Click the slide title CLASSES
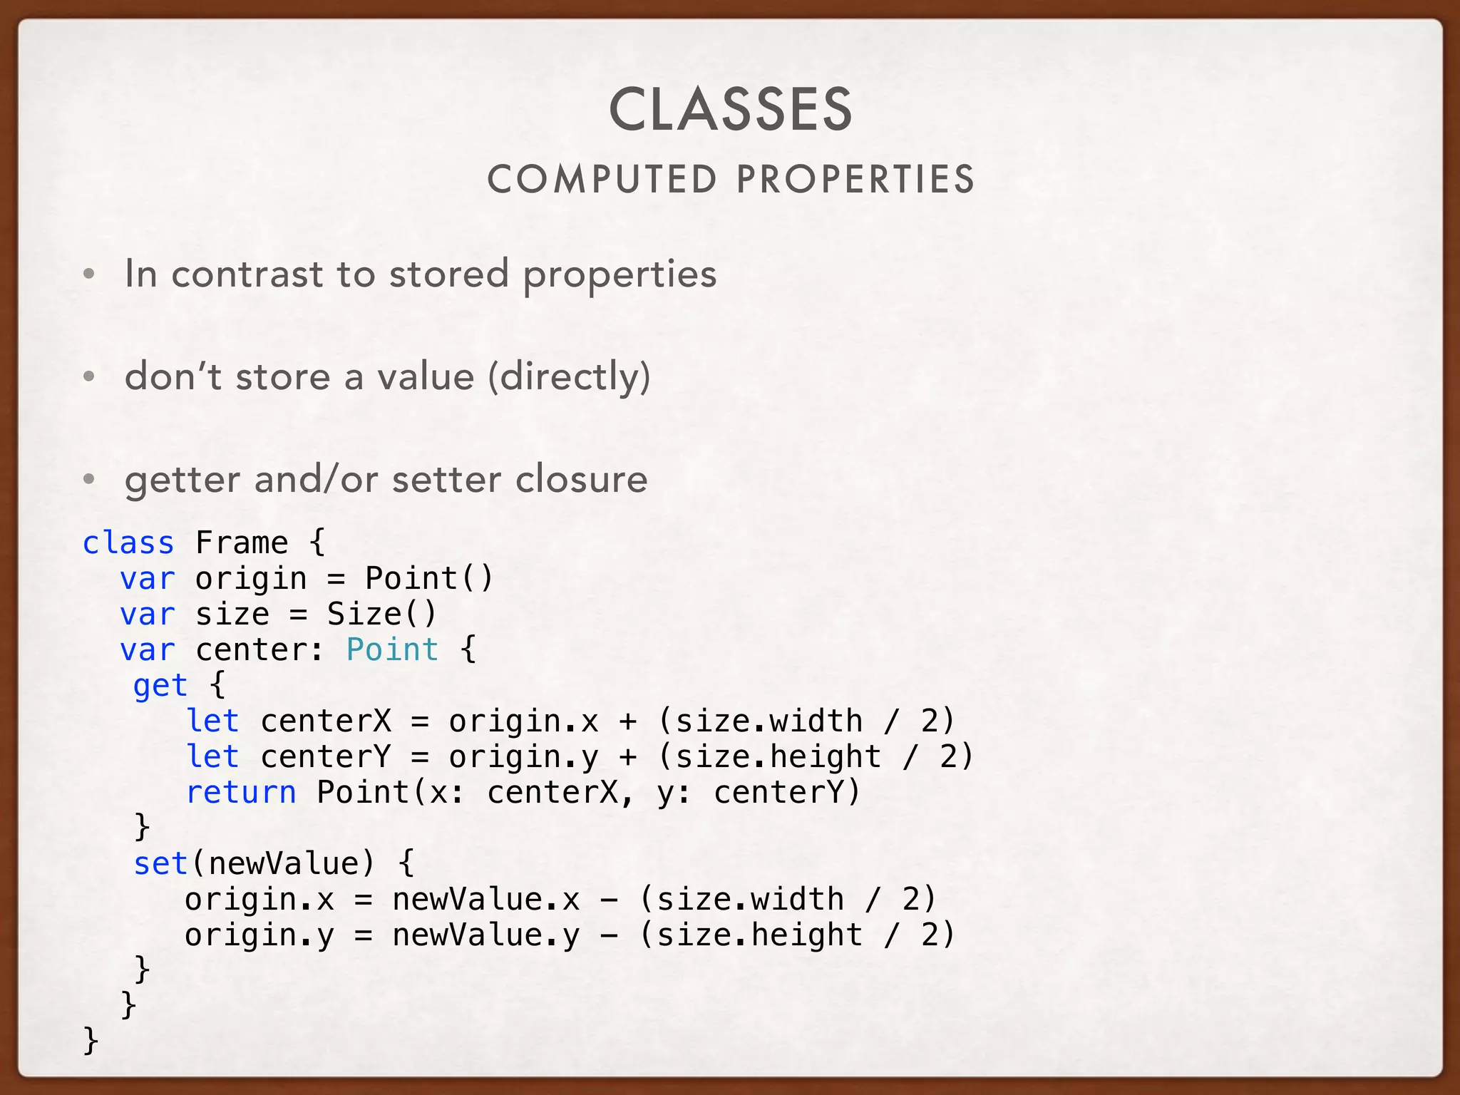point(731,110)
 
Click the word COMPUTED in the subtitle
point(602,180)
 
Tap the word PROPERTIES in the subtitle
point(855,180)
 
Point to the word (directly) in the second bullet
point(569,377)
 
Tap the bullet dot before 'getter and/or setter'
point(89,480)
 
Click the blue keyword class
point(128,543)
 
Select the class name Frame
point(242,543)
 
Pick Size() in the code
point(382,615)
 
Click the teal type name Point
point(392,650)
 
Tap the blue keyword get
point(160,686)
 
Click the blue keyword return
point(241,793)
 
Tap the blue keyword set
point(160,864)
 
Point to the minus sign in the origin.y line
point(608,935)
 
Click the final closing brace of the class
point(91,1040)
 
